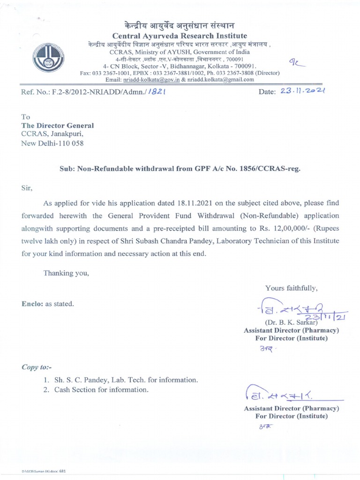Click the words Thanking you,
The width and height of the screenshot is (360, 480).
[x=66, y=273]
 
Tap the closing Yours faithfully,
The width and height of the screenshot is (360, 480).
[x=291, y=288]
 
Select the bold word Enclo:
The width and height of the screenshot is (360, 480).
[x=31, y=304]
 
